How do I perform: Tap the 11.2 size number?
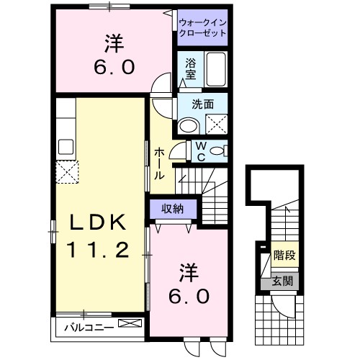coord(98,250)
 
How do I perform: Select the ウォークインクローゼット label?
coord(202,27)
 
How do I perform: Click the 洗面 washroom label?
coord(202,104)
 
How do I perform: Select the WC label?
coord(202,151)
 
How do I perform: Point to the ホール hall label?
coord(159,162)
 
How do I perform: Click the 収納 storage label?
coord(171,209)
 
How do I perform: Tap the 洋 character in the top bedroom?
coord(113,45)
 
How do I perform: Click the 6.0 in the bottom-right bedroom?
coord(189,296)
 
